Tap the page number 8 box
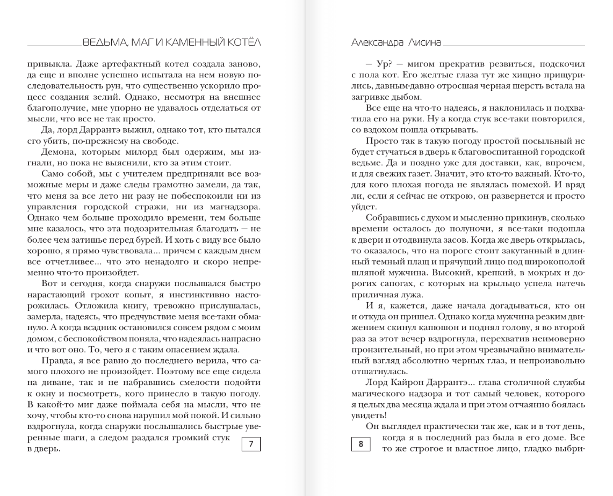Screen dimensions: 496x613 [360, 444]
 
